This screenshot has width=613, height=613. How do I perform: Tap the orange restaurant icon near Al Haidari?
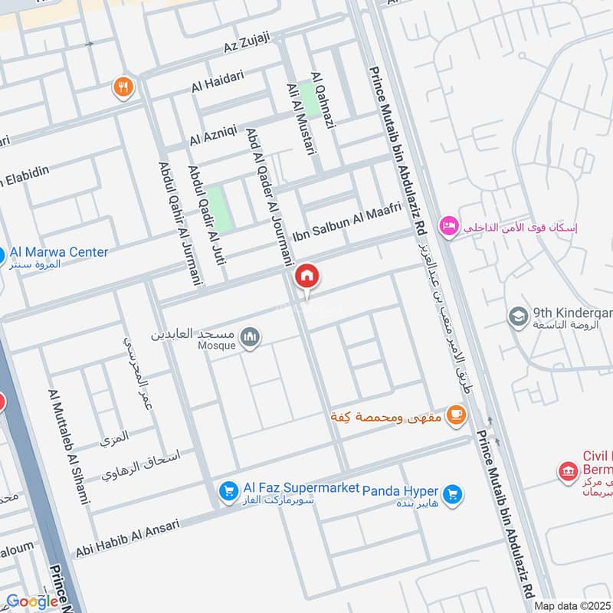click(x=123, y=88)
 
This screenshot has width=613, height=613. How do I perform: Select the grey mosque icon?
click(x=251, y=336)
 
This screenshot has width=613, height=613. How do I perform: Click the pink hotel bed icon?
click(x=448, y=226)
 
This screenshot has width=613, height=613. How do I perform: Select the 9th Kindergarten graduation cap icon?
click(x=519, y=316)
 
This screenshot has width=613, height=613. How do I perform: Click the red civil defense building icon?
click(x=568, y=469)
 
